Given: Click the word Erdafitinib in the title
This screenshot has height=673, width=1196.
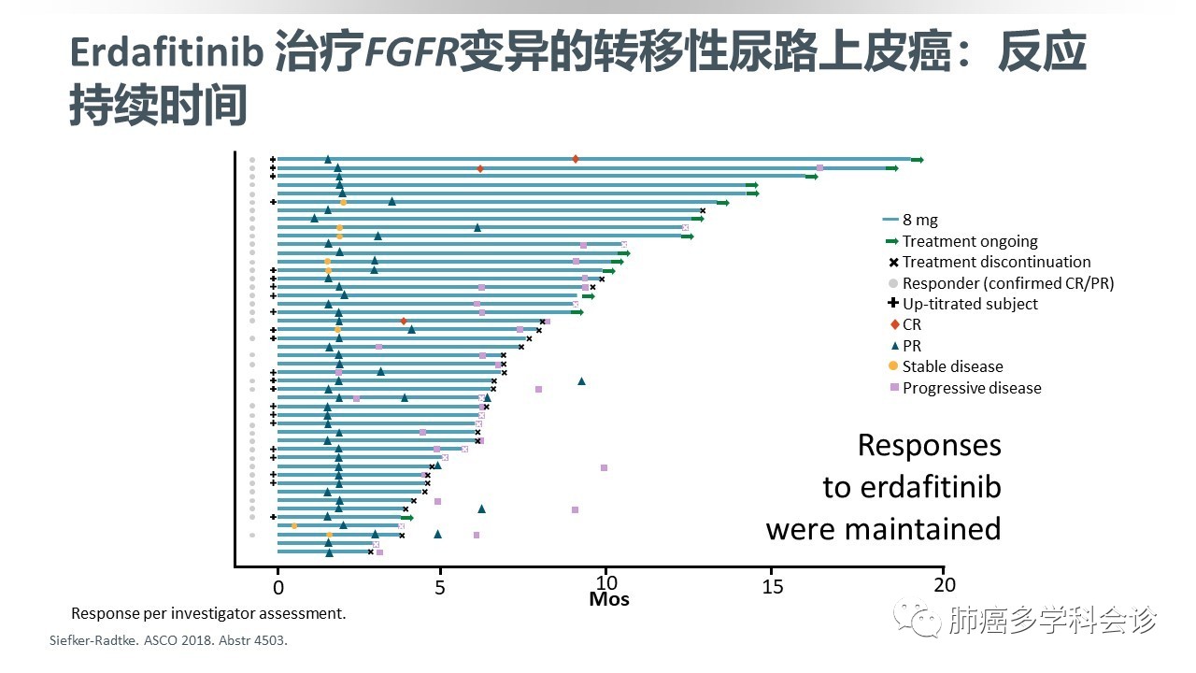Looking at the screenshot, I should click(x=166, y=54).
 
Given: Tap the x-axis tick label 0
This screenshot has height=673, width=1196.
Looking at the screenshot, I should click(x=278, y=586).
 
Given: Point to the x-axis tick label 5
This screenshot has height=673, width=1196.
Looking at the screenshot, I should click(x=440, y=586).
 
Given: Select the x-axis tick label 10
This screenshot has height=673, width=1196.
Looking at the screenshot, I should click(x=606, y=586).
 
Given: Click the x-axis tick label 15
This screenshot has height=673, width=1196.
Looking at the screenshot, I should click(x=773, y=586).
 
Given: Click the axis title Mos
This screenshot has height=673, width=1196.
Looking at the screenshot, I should click(x=609, y=599).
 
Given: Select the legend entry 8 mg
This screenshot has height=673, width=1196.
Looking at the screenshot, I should click(x=919, y=221).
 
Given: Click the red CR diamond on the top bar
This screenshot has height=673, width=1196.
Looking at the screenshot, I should click(x=576, y=159).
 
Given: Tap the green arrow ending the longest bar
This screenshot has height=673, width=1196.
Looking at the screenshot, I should click(x=917, y=160).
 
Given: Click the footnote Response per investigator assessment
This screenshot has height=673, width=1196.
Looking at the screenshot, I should click(x=208, y=614).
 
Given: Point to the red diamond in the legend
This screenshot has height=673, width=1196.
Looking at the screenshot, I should click(x=891, y=324).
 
